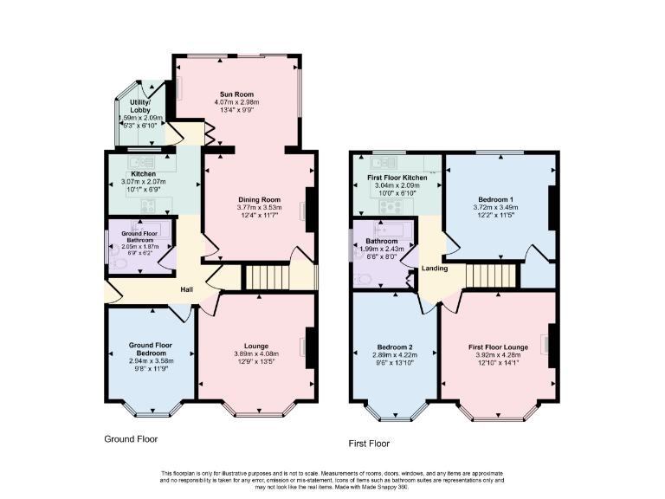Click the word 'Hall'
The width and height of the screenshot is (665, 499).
coord(186,289)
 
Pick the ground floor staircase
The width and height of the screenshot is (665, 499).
coord(266,277)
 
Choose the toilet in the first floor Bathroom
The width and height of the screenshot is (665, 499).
coord(362,278)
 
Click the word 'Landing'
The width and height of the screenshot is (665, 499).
coord(435,269)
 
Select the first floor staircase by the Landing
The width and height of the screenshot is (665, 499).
coord(490,275)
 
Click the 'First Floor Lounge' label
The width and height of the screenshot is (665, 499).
coord(496,347)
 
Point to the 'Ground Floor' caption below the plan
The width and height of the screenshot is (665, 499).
coord(131,439)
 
